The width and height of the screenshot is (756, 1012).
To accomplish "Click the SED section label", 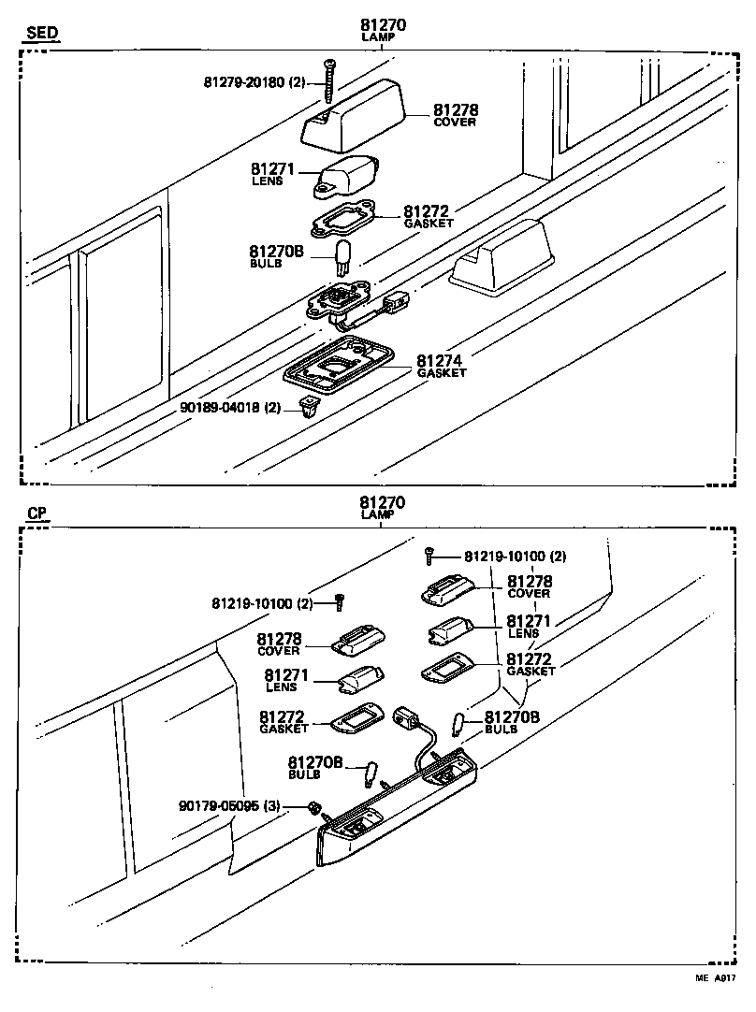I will [x=41, y=34].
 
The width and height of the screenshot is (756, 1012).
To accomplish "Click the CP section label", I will [x=36, y=513].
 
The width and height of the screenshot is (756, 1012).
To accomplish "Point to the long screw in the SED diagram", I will [x=329, y=80].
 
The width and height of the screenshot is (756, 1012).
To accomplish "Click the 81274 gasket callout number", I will [x=441, y=361].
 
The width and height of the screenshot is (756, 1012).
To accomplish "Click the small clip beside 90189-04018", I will [x=306, y=406].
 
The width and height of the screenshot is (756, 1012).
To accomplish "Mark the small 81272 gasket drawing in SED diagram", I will [x=342, y=221].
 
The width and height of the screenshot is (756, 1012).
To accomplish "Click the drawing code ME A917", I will [x=715, y=979].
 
